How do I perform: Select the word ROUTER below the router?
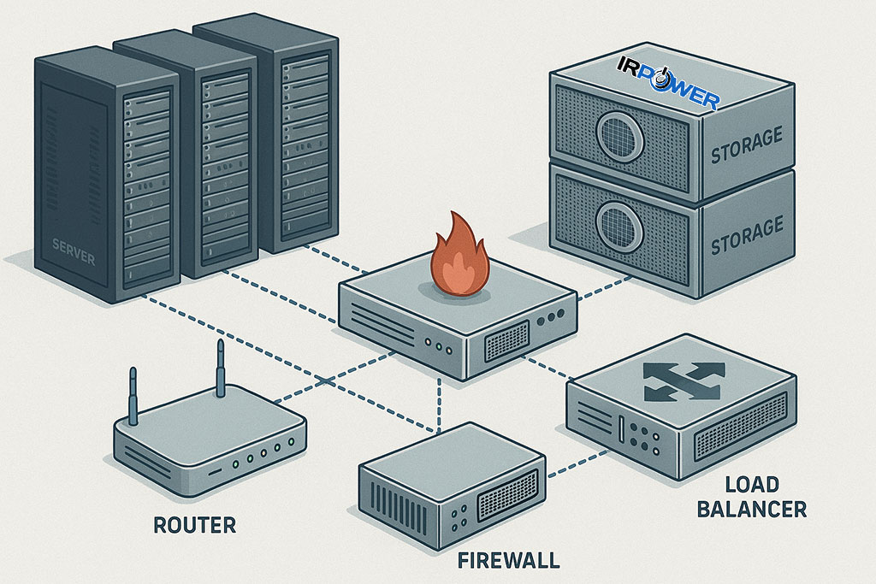coord(194,524)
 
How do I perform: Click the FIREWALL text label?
coord(508,561)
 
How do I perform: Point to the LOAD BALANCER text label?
coord(751,497)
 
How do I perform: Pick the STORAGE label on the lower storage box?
coord(747,228)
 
